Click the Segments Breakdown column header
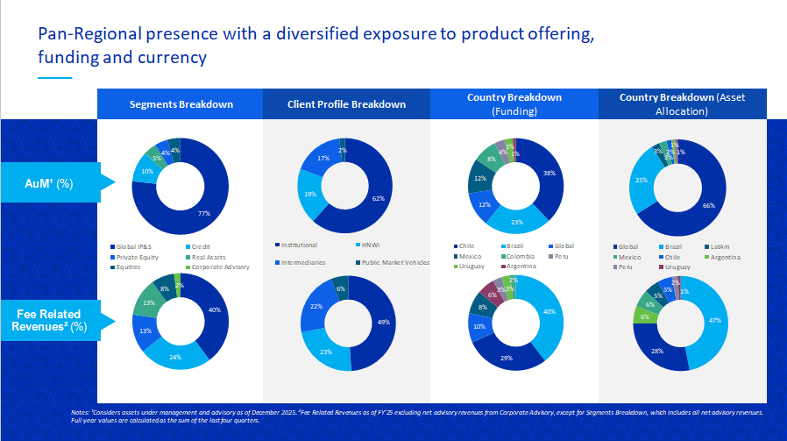[x=181, y=104]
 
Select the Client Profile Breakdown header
[x=346, y=104]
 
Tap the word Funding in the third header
[x=514, y=112]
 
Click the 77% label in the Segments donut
[x=205, y=213]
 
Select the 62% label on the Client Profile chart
[x=378, y=199]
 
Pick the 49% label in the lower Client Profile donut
[x=383, y=322]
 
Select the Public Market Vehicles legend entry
[x=393, y=262]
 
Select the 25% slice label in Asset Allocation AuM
[x=642, y=181]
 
